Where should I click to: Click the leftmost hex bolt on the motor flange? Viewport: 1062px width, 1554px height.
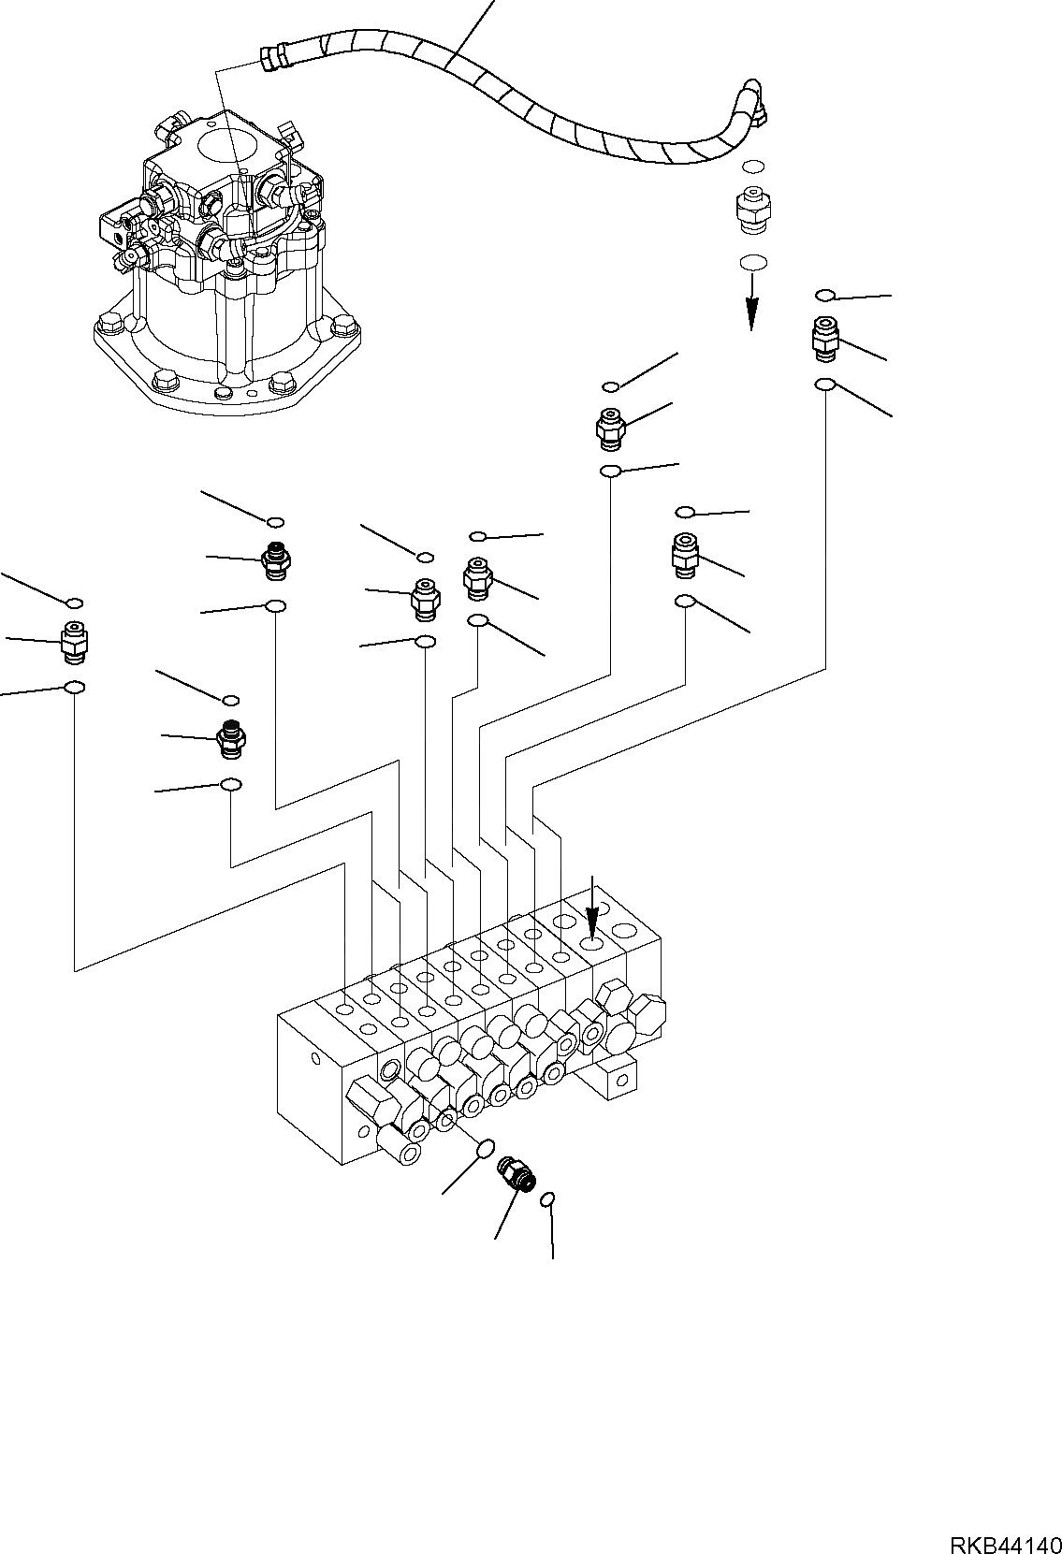109,327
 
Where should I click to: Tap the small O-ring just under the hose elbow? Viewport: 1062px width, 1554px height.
752,167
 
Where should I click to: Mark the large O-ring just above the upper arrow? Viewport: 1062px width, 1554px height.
753,262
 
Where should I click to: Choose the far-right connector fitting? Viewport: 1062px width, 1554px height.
824,339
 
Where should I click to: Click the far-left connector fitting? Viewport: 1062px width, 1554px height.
73,641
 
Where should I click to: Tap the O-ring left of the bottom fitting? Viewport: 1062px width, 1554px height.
486,1148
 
